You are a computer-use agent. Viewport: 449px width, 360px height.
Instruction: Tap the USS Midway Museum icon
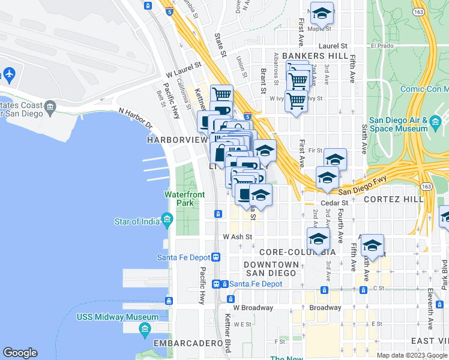click(145, 328)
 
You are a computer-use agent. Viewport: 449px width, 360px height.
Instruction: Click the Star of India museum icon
click(166, 221)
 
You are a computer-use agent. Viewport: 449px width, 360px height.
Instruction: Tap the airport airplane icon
click(8, 74)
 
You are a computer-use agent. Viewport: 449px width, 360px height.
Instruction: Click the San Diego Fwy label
click(360, 184)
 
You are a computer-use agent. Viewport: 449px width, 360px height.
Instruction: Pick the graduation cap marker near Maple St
click(322, 13)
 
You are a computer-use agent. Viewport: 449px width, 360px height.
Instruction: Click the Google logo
click(20, 353)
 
